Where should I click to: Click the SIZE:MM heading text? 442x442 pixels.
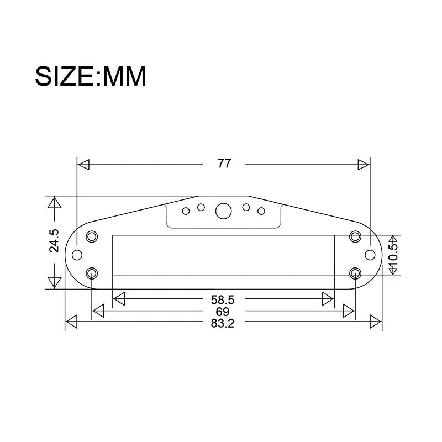(x=91, y=76)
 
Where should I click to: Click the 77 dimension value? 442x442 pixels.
(x=224, y=164)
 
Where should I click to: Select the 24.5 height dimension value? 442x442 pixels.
(x=54, y=240)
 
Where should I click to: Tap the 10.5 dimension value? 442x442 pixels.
(x=393, y=255)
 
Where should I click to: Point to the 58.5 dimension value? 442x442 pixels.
(x=223, y=299)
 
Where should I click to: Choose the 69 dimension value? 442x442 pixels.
(x=223, y=312)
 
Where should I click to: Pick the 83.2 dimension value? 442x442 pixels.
(x=223, y=323)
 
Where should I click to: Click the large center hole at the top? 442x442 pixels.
(x=224, y=211)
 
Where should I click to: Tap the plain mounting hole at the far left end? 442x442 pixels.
(x=77, y=255)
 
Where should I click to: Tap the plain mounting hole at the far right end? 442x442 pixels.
(x=370, y=255)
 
